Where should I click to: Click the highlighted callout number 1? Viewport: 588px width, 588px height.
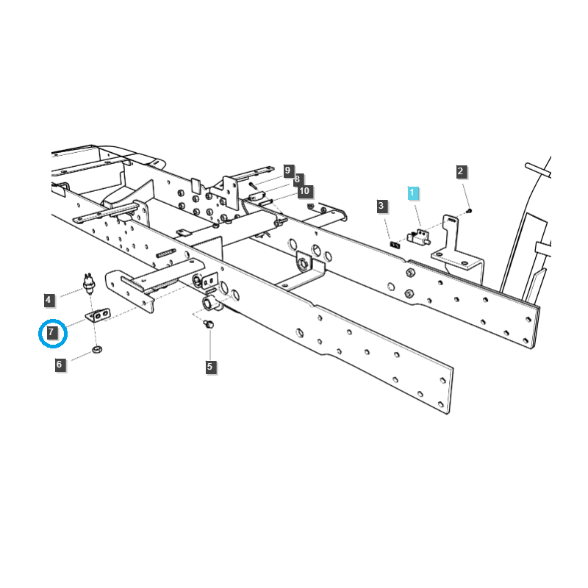pos(413,193)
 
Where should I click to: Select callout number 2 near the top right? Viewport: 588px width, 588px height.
pos(461,172)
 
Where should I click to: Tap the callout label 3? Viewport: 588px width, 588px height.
pos(381,206)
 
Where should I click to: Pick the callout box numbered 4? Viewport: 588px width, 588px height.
pos(49,300)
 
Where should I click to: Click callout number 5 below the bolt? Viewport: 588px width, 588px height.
pos(209,366)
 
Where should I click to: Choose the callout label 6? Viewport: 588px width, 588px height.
pos(60,364)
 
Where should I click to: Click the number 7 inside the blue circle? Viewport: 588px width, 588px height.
pos(51,333)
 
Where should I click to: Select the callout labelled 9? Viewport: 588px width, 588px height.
pos(297,179)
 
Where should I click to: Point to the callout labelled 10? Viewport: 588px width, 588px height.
pos(288,170)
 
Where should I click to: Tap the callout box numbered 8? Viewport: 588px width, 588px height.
pos(304,191)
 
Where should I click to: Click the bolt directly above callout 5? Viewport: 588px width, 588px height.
pos(209,324)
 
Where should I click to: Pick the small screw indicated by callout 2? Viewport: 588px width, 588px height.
pos(470,211)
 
